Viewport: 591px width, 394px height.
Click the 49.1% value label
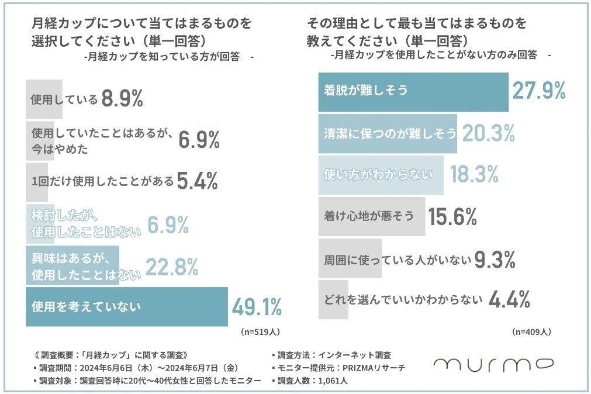pyautogui.click(x=257, y=306)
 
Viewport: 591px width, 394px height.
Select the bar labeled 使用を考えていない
pyautogui.click(x=126, y=306)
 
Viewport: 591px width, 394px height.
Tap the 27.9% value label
pyautogui.click(x=538, y=91)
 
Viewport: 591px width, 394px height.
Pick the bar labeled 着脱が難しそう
pyautogui.click(x=413, y=92)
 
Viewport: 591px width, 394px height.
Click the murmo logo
pyautogui.click(x=493, y=365)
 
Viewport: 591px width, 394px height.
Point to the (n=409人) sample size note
pyautogui.click(x=531, y=331)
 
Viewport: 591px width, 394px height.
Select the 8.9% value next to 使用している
pyautogui.click(x=122, y=99)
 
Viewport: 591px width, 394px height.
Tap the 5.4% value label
pyautogui.click(x=197, y=182)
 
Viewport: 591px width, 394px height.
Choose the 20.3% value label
pyautogui.click(x=488, y=133)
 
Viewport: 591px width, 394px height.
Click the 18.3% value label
pyautogui.click(x=474, y=174)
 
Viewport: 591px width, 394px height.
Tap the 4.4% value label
pyautogui.click(x=509, y=299)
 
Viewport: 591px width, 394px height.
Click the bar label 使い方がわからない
pyautogui.click(x=378, y=174)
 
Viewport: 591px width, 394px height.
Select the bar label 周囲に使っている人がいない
pyautogui.click(x=398, y=258)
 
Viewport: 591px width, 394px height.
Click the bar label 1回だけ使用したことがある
pyautogui.click(x=102, y=182)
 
